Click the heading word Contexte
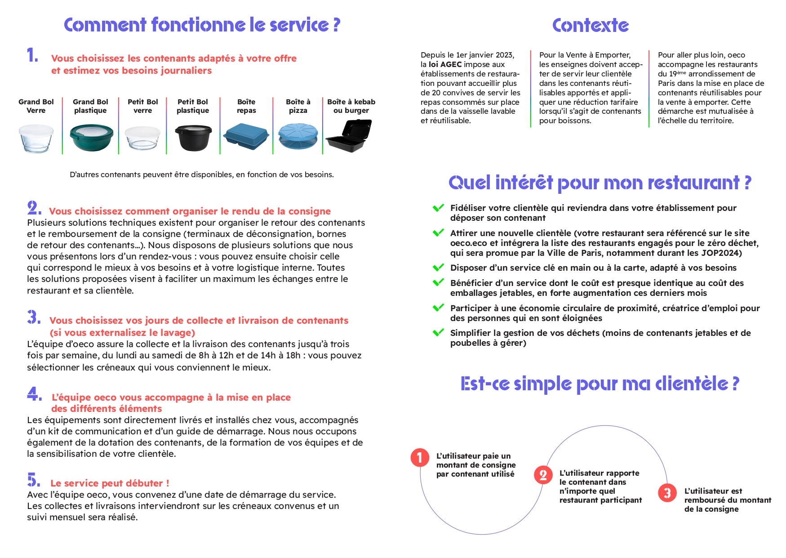(x=590, y=26)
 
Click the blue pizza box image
(x=298, y=136)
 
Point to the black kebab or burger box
(x=349, y=136)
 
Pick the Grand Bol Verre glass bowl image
(x=36, y=138)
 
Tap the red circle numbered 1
(x=420, y=458)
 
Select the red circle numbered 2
(x=543, y=475)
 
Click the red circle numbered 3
(x=667, y=493)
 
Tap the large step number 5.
(x=33, y=480)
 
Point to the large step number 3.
(x=34, y=317)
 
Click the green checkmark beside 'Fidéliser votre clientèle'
(x=438, y=208)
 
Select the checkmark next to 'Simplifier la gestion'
(x=438, y=333)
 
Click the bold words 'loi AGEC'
(x=445, y=64)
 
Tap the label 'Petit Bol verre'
(x=142, y=106)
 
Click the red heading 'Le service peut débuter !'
(x=110, y=483)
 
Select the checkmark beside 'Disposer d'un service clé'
(x=438, y=268)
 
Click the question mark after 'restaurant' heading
(x=747, y=183)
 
